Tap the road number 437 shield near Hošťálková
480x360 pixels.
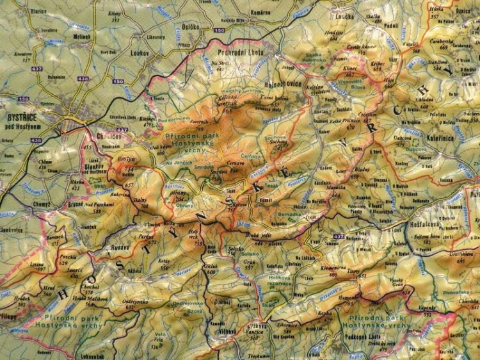click(x=339, y=238)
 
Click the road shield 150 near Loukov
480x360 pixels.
click(x=117, y=81)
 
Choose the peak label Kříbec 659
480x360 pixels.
click(x=377, y=67)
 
